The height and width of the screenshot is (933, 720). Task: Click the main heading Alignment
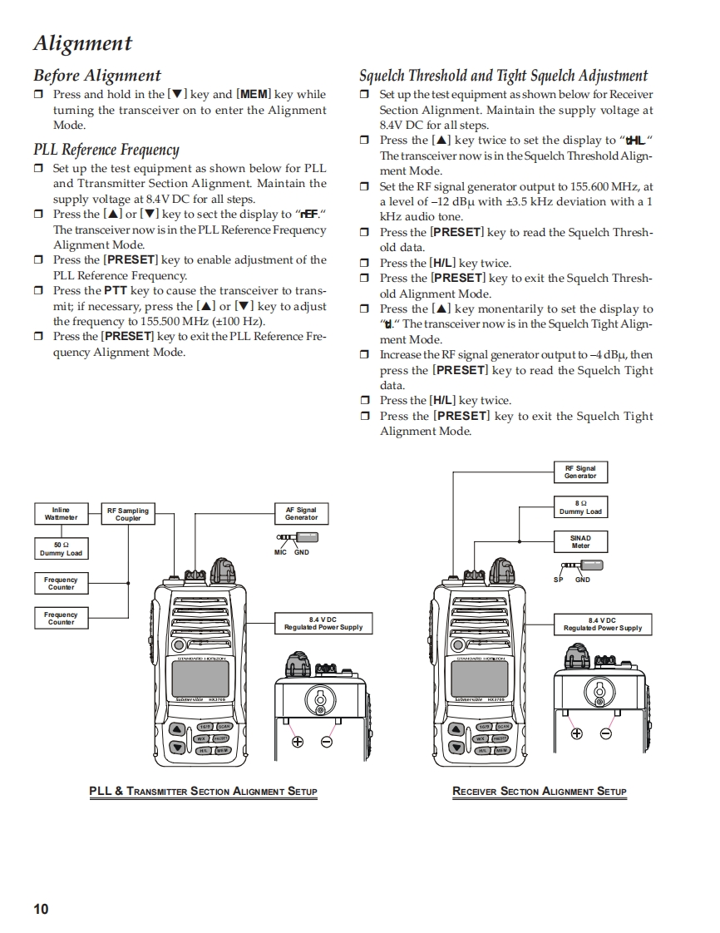pos(82,43)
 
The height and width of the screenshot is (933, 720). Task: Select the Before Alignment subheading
pos(97,76)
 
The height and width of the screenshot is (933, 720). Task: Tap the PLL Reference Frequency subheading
pos(106,150)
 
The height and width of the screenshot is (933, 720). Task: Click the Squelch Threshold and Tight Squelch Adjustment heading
pos(503,76)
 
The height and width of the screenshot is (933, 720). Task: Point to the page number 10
pos(41,909)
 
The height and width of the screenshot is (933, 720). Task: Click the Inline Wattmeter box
pos(61,514)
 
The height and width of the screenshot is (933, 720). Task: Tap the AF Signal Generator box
pos(301,514)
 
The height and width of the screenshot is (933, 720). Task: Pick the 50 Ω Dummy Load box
pos(61,550)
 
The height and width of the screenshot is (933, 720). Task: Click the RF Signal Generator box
pos(580,472)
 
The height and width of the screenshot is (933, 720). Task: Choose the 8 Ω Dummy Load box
pos(580,507)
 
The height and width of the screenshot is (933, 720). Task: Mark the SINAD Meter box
pos(580,542)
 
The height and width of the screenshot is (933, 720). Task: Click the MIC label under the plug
pos(281,552)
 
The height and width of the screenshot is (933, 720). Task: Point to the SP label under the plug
pos(559,580)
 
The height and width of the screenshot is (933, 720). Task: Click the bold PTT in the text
pos(115,291)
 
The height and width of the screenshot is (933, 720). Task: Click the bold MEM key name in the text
pos(254,95)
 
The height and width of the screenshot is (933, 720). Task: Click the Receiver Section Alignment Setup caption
pos(539,792)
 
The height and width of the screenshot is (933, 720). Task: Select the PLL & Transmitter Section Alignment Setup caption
pos(203,792)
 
